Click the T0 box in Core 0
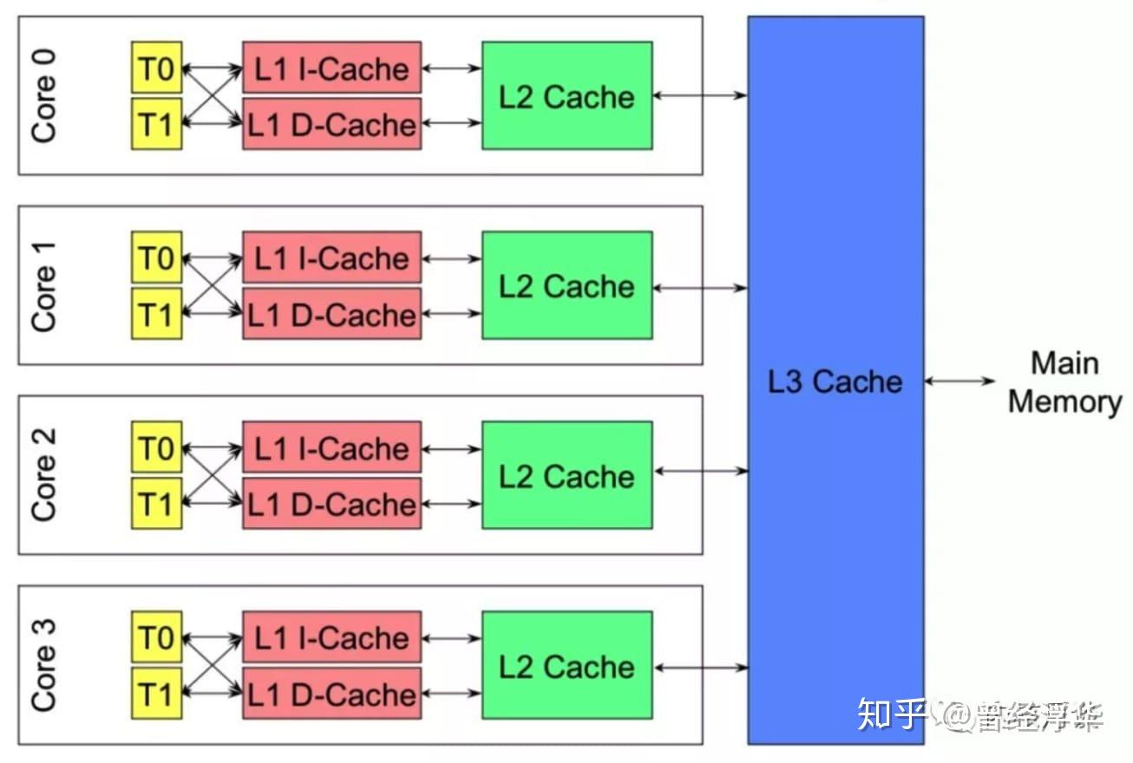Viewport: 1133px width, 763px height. coord(157,68)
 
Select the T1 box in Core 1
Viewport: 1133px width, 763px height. coord(157,314)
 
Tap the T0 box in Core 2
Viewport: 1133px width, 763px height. coord(157,448)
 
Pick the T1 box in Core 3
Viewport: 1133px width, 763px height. coord(157,694)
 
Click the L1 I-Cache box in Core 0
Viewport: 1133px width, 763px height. coord(332,68)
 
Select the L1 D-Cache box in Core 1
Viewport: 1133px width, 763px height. coord(332,314)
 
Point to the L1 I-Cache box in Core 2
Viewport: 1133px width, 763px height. coord(332,448)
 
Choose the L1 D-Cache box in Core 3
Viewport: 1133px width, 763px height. coord(332,694)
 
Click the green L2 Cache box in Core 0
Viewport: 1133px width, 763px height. coord(567,96)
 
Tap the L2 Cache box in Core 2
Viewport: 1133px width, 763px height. coord(567,476)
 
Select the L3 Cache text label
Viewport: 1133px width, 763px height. coord(835,381)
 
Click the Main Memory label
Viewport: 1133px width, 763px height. coord(1065,382)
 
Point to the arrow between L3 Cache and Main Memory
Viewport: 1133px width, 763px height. coord(960,381)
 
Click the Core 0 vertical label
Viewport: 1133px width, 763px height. coord(43,95)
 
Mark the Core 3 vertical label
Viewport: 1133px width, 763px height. coord(43,665)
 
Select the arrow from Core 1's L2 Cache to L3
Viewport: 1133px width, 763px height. coord(700,287)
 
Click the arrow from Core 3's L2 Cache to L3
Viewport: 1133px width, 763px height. coord(700,668)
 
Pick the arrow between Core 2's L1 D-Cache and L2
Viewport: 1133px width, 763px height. coord(452,504)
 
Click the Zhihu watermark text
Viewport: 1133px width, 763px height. coord(980,714)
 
